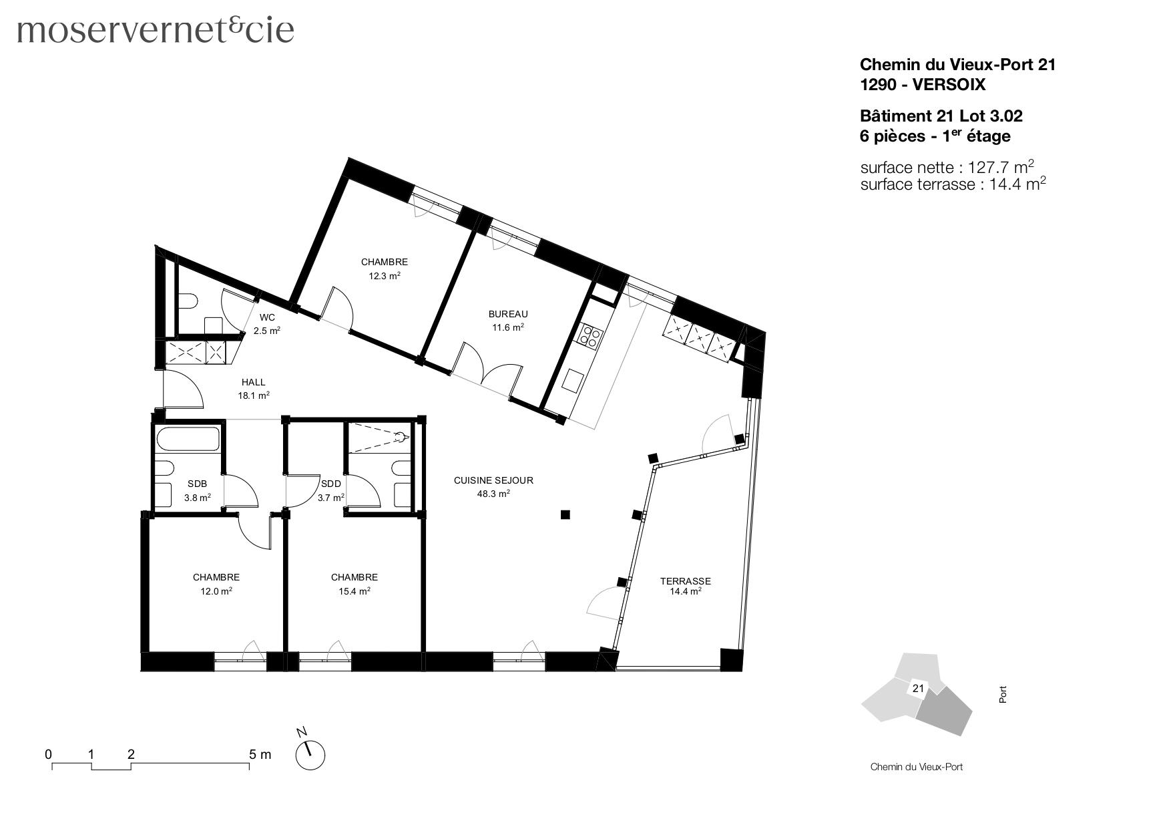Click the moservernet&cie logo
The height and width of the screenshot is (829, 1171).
tap(156, 31)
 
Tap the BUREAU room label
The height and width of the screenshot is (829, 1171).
tap(507, 314)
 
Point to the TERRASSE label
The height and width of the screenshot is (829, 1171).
tap(685, 581)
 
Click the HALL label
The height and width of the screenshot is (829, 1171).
tap(253, 383)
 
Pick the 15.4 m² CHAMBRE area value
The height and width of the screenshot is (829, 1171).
tap(354, 591)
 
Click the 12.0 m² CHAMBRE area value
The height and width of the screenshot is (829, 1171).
tap(216, 591)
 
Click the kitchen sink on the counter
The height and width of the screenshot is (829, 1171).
tap(573, 381)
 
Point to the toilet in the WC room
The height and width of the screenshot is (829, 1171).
tap(186, 301)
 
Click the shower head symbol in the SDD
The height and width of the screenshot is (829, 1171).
tap(399, 438)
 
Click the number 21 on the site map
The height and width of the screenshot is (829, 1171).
tap(917, 688)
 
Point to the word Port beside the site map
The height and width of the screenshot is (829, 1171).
tap(1002, 695)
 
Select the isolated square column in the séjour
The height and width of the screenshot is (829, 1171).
tap(565, 514)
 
